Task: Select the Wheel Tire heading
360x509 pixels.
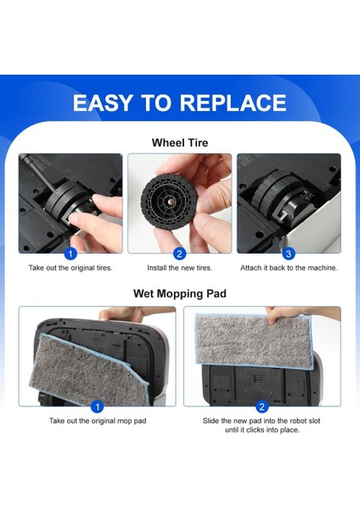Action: coord(180,143)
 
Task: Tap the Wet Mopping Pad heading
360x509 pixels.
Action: coord(180,294)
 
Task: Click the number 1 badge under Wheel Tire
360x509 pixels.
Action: coord(70,253)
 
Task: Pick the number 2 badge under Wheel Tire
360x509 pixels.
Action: coord(179,253)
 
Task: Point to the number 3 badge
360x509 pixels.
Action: coord(288,253)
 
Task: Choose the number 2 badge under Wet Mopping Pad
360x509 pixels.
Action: coord(262,406)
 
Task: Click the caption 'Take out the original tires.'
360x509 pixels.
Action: coord(70,268)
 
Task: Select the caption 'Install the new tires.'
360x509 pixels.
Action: coord(179,268)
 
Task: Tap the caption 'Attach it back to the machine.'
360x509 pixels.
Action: coord(288,268)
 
